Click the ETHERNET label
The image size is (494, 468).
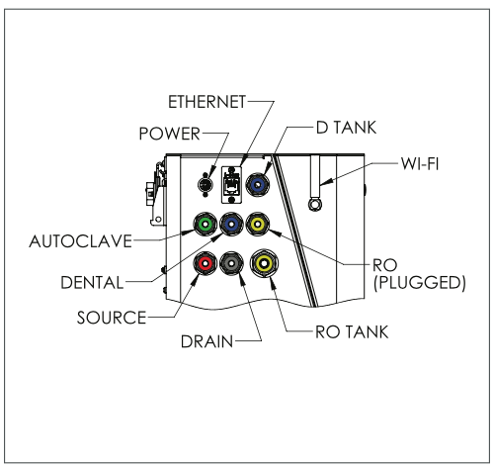(x=206, y=102)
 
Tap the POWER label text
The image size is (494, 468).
(x=170, y=134)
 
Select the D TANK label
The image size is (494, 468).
(x=346, y=128)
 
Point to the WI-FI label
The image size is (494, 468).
(x=420, y=163)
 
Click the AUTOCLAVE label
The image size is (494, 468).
(x=81, y=241)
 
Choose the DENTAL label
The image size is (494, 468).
(x=92, y=283)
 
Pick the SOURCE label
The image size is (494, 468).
(x=112, y=318)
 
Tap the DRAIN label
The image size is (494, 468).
(x=207, y=341)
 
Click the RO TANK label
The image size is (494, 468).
(x=352, y=331)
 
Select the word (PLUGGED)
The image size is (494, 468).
(x=420, y=283)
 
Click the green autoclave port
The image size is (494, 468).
(x=206, y=225)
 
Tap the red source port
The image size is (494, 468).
(x=206, y=263)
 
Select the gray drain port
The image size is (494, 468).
(x=231, y=263)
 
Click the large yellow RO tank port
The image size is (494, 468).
(x=264, y=263)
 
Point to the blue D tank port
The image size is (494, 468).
(x=258, y=184)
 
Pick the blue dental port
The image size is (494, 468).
(x=231, y=225)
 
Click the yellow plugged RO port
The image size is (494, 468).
(x=258, y=225)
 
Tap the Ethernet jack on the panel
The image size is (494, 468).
(x=231, y=185)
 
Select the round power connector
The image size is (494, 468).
(x=206, y=185)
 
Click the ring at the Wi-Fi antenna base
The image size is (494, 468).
(x=315, y=204)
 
